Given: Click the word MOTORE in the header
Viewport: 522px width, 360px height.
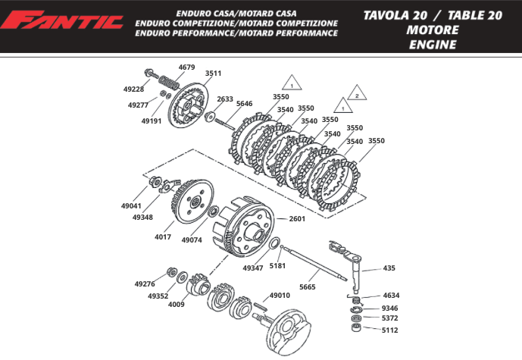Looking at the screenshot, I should point(432,30).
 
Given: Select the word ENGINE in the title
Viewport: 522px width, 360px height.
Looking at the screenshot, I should point(432,45).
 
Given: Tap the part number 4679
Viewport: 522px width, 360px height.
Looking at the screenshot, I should point(186,67).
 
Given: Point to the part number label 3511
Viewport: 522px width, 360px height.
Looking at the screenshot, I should point(213,74).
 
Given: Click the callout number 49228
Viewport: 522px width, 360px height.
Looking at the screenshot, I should point(133,89).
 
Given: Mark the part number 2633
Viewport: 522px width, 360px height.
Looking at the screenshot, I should point(225,99).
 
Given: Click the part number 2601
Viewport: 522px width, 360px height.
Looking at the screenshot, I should point(297,218).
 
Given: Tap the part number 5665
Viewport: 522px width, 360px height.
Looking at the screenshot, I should point(308,286).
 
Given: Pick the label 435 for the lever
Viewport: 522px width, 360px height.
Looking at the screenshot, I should point(389,268).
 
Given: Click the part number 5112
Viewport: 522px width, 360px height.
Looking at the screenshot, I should point(389,330).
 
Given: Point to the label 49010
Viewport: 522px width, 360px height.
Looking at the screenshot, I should point(280,296).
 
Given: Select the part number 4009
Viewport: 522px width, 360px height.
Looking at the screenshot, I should point(177,304).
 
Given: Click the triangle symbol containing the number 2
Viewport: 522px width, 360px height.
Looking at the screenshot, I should point(355,95).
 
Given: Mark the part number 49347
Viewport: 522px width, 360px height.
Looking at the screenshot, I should point(253,268).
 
